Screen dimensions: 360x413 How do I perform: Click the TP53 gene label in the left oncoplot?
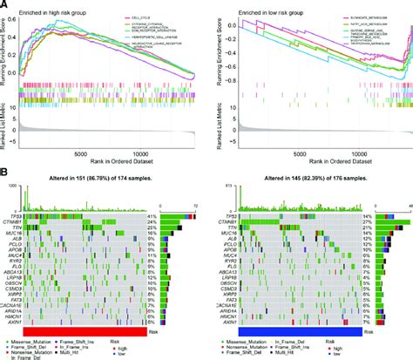coord(17,214)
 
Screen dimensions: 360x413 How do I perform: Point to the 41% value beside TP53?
coord(176,214)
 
